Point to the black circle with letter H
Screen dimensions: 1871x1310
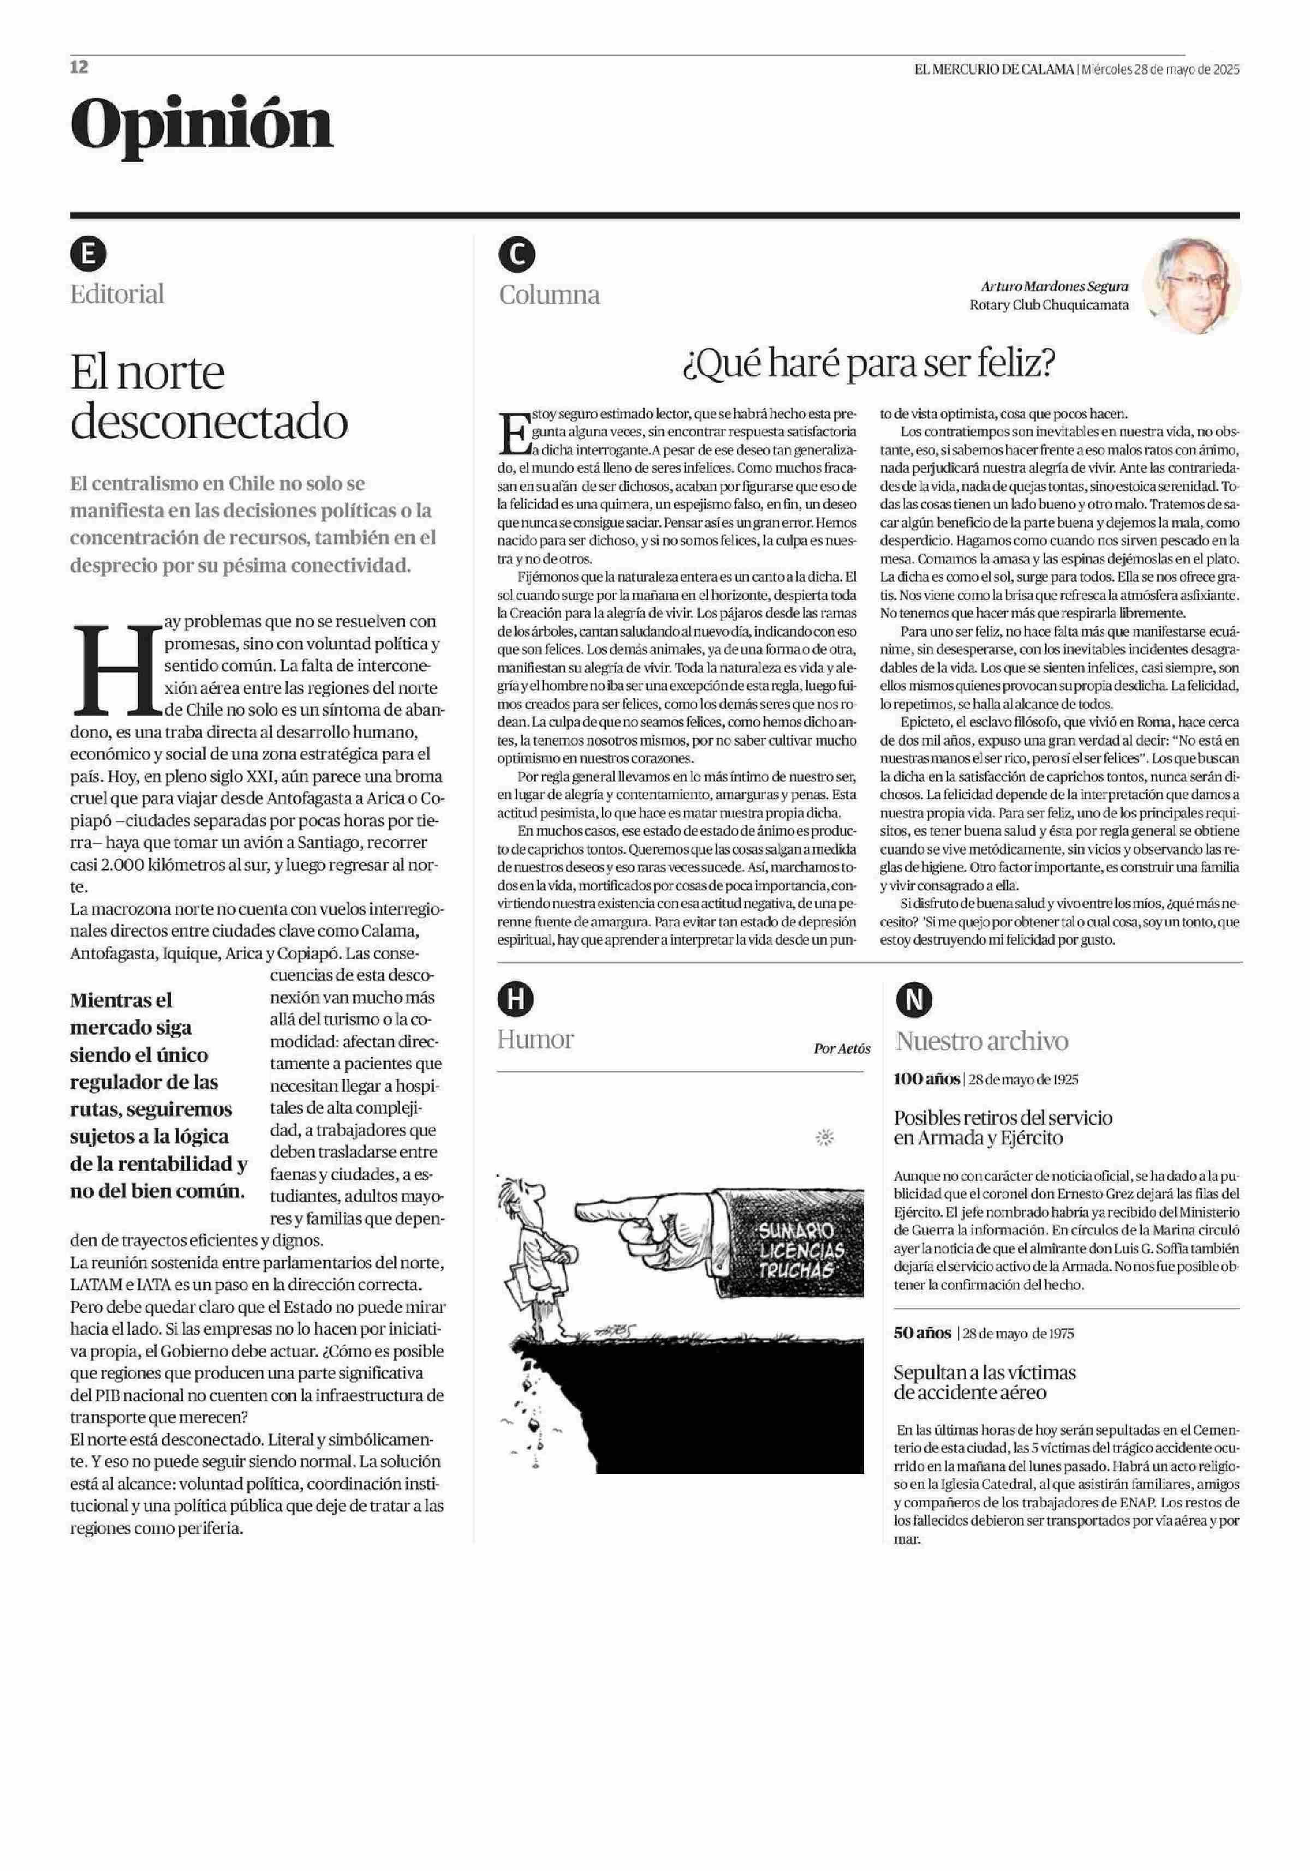click(x=515, y=1000)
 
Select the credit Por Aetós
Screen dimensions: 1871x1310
click(x=841, y=1049)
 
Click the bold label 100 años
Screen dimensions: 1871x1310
click(x=927, y=1079)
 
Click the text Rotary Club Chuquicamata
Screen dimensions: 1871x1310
click(x=1049, y=305)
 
